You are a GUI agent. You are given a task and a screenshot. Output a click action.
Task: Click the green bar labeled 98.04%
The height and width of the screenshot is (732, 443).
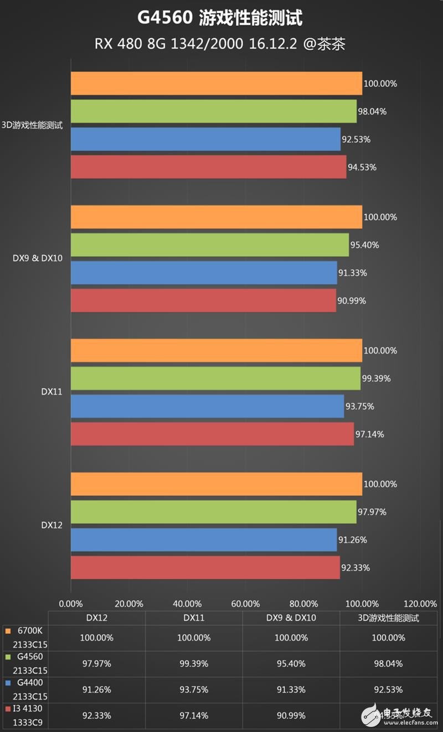click(x=213, y=111)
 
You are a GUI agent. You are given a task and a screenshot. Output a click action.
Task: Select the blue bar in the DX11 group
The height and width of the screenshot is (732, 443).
click(x=207, y=406)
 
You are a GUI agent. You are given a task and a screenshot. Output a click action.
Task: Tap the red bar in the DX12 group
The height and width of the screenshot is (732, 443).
click(x=205, y=567)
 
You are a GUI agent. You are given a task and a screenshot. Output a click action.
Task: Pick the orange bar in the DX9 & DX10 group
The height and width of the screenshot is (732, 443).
click(x=216, y=217)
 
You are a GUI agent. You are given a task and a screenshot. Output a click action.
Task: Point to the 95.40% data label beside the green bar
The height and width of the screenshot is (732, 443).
click(x=365, y=245)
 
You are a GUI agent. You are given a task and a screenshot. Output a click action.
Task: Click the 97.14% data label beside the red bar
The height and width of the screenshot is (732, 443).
click(x=370, y=434)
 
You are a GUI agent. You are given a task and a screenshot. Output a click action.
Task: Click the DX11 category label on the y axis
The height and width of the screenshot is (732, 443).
click(x=51, y=392)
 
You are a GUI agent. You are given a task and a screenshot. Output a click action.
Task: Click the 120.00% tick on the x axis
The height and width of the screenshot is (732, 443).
click(x=420, y=604)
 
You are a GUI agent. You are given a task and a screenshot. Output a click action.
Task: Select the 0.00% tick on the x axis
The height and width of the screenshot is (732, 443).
click(x=70, y=604)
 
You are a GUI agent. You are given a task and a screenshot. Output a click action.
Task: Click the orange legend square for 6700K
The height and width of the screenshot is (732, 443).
click(x=7, y=631)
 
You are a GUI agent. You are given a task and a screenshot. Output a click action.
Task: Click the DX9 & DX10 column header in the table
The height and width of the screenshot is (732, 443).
click(x=291, y=617)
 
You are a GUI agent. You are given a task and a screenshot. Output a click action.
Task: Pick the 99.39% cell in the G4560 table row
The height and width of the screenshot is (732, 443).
click(x=193, y=663)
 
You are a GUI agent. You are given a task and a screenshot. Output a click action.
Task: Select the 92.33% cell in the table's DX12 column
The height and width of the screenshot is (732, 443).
click(x=97, y=716)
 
